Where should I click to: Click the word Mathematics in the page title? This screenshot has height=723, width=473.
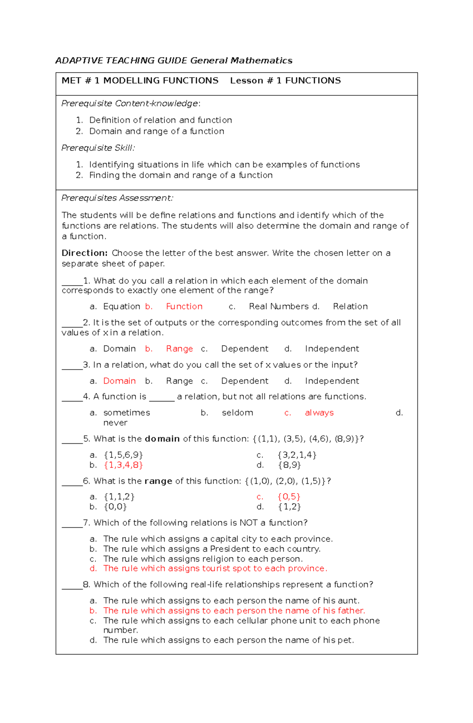261,61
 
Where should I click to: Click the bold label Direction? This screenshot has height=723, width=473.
84,253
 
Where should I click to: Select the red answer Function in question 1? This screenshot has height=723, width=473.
184,307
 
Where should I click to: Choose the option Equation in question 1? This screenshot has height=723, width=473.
121,307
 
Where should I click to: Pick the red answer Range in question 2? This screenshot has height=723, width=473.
179,349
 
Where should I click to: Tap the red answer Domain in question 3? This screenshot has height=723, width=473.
119,381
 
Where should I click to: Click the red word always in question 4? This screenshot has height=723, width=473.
319,413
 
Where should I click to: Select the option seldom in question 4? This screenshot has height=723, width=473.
237,413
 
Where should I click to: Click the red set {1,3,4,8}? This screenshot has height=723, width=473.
123,465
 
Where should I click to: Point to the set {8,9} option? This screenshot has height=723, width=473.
289,465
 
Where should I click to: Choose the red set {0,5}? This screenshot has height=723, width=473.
289,496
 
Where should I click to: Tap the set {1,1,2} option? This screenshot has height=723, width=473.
119,496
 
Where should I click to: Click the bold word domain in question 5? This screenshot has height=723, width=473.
162,439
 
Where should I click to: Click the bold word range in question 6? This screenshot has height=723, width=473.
158,481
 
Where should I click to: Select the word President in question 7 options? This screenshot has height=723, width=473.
230,549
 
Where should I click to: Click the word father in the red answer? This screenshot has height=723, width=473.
350,611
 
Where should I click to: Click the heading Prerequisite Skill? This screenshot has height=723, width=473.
98,148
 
